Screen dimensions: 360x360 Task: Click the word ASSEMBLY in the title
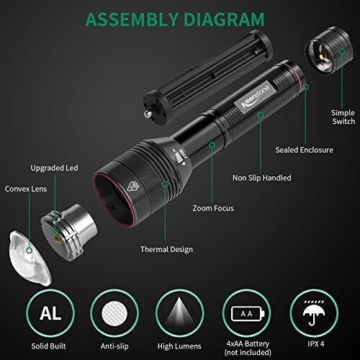pyautogui.click(x=132, y=19)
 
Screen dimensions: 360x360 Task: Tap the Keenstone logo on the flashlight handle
pyautogui.click(x=255, y=96)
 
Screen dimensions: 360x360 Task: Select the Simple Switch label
pyautogui.click(x=343, y=117)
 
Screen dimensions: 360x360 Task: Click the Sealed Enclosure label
pyautogui.click(x=304, y=150)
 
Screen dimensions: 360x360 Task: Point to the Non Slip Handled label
pyautogui.click(x=262, y=178)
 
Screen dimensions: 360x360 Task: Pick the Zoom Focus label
pyautogui.click(x=213, y=208)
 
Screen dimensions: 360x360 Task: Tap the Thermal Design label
pyautogui.click(x=166, y=249)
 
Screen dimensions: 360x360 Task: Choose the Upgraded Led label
pyautogui.click(x=54, y=168)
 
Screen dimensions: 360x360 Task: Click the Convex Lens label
pyautogui.click(x=26, y=189)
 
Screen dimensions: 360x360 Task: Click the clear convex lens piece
pyautogui.click(x=30, y=258)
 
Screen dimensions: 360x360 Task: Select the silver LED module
pyautogui.click(x=69, y=233)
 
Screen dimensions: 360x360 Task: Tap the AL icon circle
pyautogui.click(x=50, y=313)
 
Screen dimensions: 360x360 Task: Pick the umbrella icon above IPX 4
pyautogui.click(x=314, y=312)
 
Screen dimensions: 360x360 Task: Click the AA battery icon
pyautogui.click(x=248, y=313)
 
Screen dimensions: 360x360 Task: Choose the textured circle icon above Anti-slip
pyautogui.click(x=114, y=313)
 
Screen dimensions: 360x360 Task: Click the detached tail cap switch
pyautogui.click(x=329, y=50)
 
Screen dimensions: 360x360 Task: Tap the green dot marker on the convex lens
pyautogui.click(x=30, y=251)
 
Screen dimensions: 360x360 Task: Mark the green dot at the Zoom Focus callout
pyautogui.click(x=212, y=145)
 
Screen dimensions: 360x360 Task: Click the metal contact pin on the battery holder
pyautogui.click(x=147, y=114)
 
